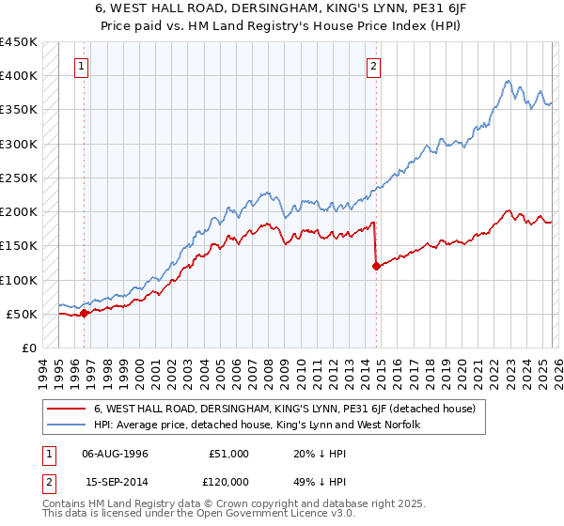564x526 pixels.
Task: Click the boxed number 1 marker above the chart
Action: point(83,66)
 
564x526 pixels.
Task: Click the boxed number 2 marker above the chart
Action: point(374,66)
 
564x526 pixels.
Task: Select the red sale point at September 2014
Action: point(376,266)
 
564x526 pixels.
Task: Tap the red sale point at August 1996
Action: point(84,313)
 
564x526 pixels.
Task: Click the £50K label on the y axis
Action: point(22,314)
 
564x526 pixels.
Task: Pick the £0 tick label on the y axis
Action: point(29,348)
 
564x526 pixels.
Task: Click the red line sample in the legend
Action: point(68,409)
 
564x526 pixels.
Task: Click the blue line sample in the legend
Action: point(68,425)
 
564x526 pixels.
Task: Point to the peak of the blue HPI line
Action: point(508,81)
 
